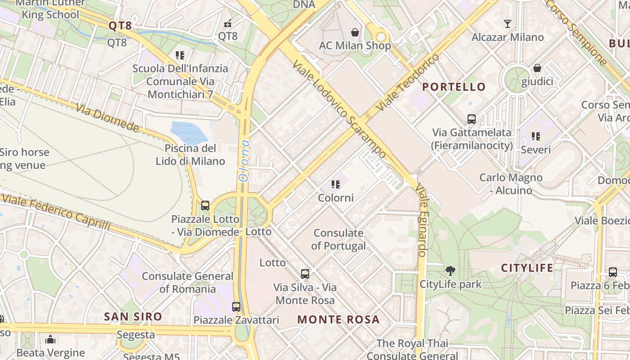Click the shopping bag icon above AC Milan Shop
tap(355, 32)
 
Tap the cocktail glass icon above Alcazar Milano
tap(508, 24)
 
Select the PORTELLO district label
tap(454, 87)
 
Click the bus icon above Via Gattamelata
tap(472, 119)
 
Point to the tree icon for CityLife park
tap(450, 270)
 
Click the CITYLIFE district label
tap(527, 268)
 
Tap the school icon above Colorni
tap(335, 184)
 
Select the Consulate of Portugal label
tap(338, 239)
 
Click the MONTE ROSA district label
tap(338, 319)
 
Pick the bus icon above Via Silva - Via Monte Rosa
tap(305, 274)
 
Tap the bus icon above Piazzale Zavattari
tap(236, 307)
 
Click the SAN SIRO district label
tap(133, 316)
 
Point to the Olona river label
tap(244, 161)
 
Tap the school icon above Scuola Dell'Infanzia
tap(180, 55)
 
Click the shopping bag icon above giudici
tap(537, 68)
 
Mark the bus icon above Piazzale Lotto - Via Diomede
tap(205, 206)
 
